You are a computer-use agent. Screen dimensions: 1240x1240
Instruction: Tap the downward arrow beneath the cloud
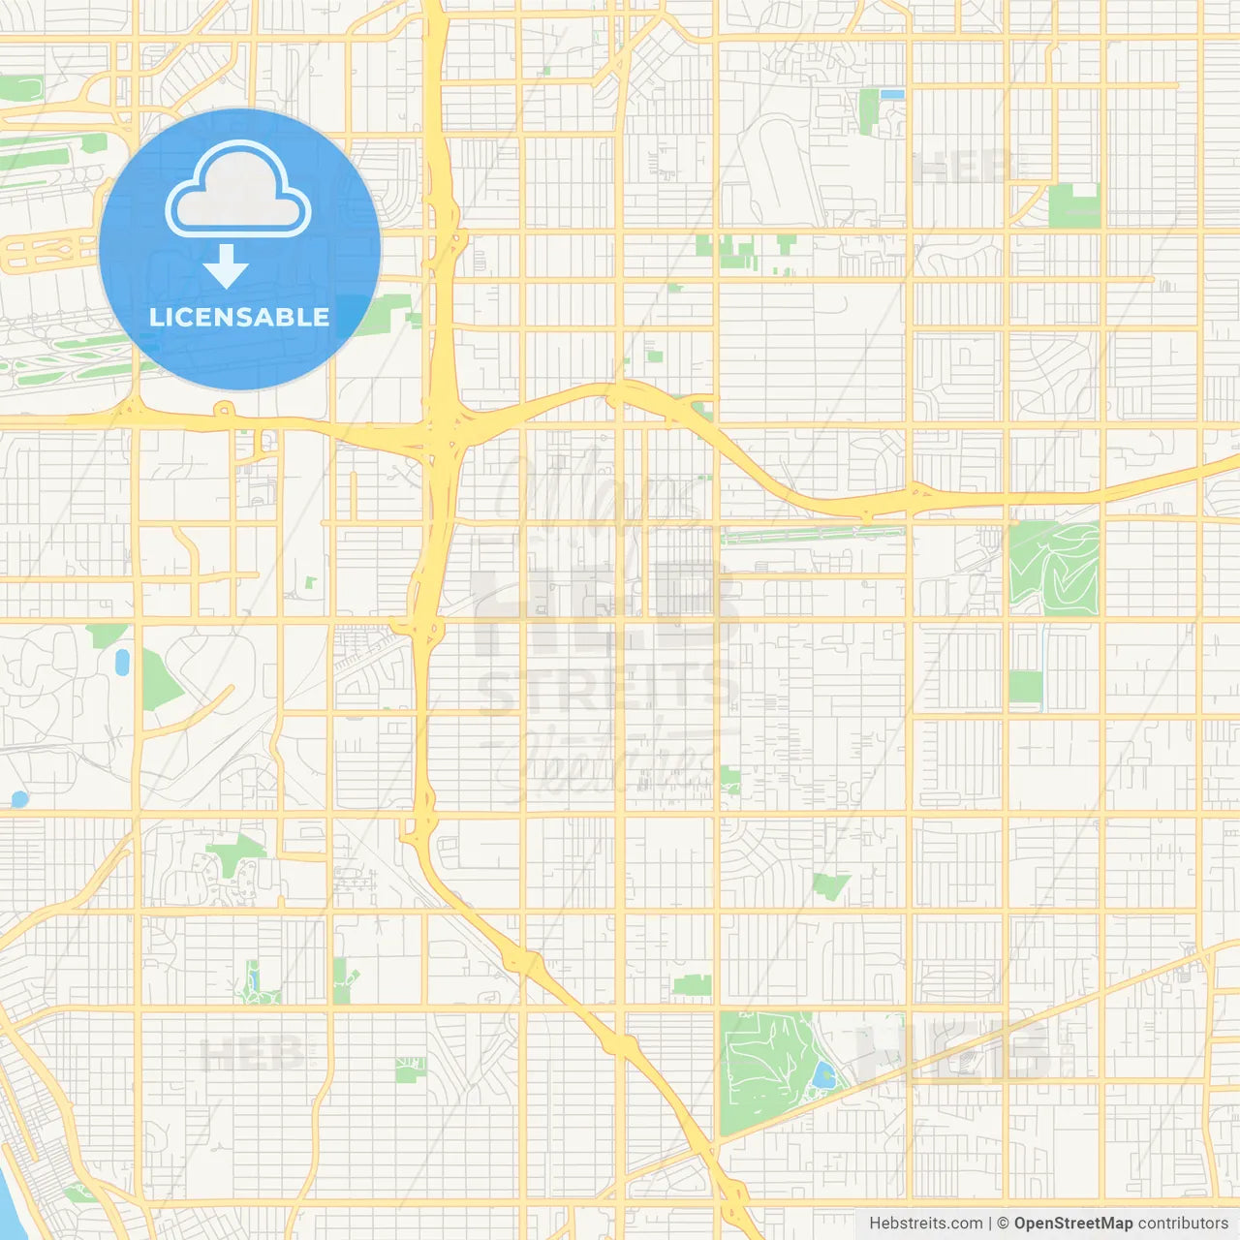click(x=226, y=266)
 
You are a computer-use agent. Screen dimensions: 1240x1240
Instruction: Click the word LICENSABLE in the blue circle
click(x=239, y=317)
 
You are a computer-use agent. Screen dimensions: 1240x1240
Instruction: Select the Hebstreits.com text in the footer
click(x=925, y=1224)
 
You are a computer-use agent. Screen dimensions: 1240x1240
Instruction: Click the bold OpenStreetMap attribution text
click(x=1073, y=1224)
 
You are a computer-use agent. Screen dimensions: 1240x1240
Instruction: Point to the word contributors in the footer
click(x=1183, y=1224)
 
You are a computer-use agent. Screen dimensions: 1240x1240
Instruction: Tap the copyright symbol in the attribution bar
click(x=1003, y=1224)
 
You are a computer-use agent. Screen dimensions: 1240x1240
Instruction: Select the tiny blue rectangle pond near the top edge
click(x=892, y=95)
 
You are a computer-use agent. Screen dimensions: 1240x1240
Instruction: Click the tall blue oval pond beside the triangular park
click(x=122, y=663)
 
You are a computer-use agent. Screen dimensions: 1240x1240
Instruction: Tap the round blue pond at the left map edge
click(x=18, y=799)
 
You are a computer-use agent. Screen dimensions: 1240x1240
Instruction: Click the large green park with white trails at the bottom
click(x=765, y=1070)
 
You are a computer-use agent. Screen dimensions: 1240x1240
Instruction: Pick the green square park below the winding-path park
click(x=1025, y=687)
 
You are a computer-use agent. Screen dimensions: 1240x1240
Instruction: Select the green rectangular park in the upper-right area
click(x=1073, y=206)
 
